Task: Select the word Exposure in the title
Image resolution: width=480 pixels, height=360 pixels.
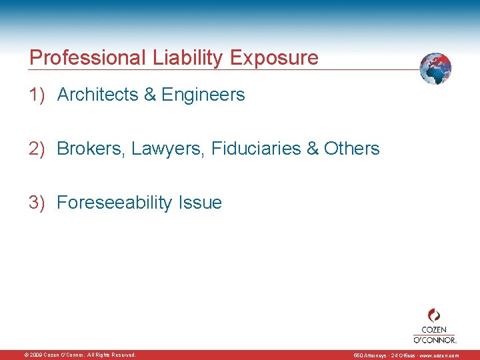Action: point(274,58)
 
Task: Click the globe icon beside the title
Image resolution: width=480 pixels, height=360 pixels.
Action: point(435,68)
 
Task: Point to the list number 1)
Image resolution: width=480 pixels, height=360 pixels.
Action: point(37,95)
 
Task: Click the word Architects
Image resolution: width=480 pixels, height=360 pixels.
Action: point(98,95)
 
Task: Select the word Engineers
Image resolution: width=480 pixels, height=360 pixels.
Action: point(203,95)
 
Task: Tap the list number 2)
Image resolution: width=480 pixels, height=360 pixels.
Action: point(37,149)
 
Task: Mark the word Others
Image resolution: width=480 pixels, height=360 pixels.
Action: point(351,149)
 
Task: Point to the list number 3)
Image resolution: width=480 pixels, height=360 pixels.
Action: point(37,203)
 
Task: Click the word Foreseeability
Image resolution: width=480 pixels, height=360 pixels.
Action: point(115,203)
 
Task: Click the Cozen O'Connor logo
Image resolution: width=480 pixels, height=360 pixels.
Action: point(434,325)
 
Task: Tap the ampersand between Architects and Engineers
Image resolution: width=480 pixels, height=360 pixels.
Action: point(150,95)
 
